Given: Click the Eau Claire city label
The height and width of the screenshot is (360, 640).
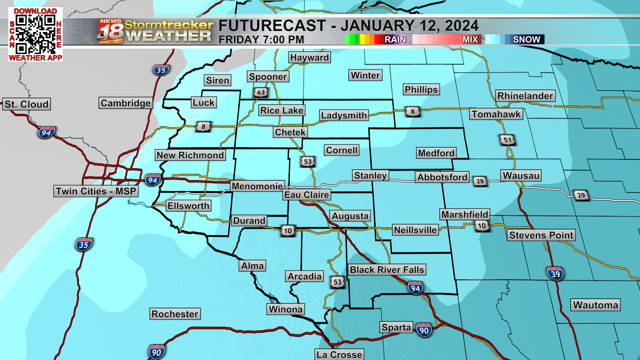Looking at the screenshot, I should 307,195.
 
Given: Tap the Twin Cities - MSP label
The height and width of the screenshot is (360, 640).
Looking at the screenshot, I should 96,191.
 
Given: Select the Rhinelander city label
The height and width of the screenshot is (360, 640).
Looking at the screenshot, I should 525,96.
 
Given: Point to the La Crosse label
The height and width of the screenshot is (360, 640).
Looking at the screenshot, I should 339,354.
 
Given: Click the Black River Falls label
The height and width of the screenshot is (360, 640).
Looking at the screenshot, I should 387,270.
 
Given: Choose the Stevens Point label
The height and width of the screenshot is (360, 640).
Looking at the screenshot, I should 541,235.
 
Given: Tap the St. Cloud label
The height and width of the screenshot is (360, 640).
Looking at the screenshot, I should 27,104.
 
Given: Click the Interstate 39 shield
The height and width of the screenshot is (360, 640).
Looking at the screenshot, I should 555,274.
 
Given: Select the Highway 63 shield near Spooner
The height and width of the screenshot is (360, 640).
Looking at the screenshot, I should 261,92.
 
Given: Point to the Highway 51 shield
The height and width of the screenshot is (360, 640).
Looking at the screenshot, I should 507,140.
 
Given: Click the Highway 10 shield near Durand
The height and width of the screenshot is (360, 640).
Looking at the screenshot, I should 288,230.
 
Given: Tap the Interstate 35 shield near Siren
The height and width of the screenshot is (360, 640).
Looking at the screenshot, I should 161,70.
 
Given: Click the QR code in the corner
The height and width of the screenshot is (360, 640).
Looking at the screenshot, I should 35,35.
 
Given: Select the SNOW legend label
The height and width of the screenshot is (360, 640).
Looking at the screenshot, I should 526,39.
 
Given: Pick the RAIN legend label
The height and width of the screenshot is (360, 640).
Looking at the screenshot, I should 395,39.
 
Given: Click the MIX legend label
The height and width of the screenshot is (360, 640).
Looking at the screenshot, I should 470,39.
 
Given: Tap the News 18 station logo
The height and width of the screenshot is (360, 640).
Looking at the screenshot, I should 111,31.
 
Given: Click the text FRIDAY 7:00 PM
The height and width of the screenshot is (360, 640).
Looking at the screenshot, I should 261,40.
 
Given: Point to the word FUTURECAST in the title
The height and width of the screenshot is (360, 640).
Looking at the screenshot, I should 272,26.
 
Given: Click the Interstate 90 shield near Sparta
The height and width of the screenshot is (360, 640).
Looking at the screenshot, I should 424,330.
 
